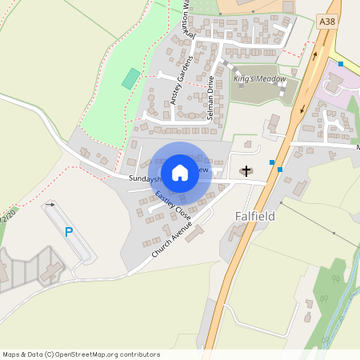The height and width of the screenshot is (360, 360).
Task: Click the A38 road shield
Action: (327, 22)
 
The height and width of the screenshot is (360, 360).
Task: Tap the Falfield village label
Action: (256, 216)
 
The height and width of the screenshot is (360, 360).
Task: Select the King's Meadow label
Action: (254, 80)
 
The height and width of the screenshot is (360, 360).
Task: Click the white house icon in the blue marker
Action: (180, 173)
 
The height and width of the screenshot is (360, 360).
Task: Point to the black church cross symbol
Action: (246, 170)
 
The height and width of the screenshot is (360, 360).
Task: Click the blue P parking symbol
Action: (69, 232)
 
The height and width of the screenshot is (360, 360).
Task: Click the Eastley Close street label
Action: (173, 206)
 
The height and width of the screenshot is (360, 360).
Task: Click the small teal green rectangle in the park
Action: (130, 78)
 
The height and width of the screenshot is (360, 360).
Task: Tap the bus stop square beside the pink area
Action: (341, 63)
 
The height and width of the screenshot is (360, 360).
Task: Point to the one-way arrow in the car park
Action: (51, 205)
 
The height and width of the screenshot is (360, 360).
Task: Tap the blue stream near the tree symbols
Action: (341, 301)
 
